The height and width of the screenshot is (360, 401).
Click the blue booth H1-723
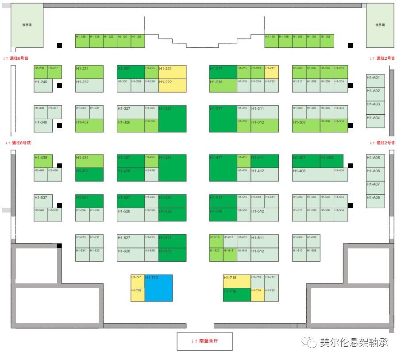click(x=158, y=288)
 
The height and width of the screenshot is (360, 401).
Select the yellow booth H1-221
click(x=172, y=72)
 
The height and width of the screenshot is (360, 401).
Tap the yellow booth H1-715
click(x=237, y=281)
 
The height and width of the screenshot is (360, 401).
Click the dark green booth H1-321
click(x=172, y=119)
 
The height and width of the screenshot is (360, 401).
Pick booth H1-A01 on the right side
click(x=375, y=81)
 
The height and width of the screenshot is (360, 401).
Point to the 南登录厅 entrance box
click(x=204, y=341)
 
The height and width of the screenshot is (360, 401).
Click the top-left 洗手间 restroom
click(x=27, y=25)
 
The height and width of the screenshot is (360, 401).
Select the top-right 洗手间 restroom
click(x=380, y=25)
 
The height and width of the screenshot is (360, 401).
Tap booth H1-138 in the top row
click(x=82, y=41)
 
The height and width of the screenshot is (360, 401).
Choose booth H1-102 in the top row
click(x=327, y=41)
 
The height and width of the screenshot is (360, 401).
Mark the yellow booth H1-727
click(x=138, y=281)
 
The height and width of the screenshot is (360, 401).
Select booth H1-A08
click(x=375, y=201)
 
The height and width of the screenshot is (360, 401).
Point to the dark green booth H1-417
click(x=223, y=168)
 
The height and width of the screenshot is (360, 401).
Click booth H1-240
click(x=43, y=85)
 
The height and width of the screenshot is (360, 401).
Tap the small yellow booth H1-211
click(x=272, y=72)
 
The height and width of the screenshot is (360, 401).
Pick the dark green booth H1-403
click(x=332, y=161)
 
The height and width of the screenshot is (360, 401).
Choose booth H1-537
click(x=43, y=201)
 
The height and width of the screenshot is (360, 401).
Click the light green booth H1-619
click(x=216, y=241)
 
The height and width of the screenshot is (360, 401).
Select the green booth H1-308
click(x=306, y=126)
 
